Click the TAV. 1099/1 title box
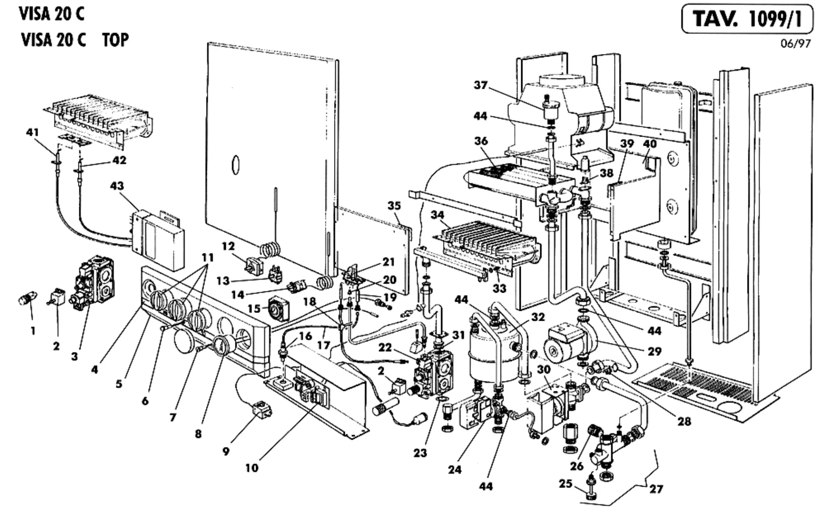(747, 20)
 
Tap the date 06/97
(795, 43)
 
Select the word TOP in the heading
(116, 40)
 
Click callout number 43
(117, 186)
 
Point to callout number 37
(481, 85)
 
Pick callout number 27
(656, 489)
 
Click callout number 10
(252, 468)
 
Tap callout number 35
(394, 206)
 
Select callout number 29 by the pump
(654, 351)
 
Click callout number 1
(33, 330)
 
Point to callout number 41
(33, 132)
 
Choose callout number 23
(420, 452)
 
